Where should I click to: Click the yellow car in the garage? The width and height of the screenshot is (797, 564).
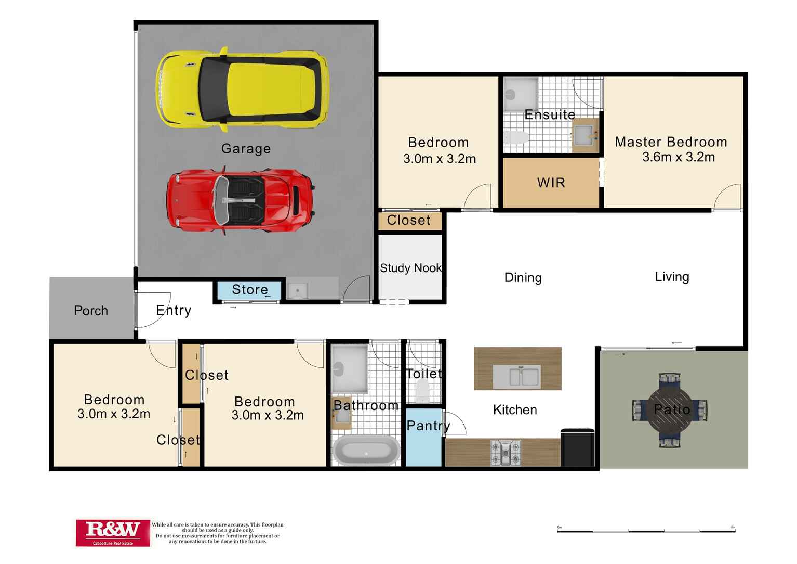coord(243,89)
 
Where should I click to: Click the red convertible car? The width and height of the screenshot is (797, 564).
coord(241,201)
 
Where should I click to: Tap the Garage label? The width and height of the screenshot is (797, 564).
coord(246,149)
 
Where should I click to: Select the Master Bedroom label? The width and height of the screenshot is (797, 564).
coord(671,142)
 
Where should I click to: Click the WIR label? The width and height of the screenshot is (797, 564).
coord(551,183)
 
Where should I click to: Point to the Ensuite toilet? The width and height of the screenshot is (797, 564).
coord(516,137)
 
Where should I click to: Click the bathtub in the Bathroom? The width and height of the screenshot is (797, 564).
coord(366,450)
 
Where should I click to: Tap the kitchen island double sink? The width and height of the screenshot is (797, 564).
coord(517,377)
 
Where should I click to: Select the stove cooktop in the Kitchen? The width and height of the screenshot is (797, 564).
coord(506,453)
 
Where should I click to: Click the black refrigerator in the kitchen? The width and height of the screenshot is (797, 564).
coord(577,447)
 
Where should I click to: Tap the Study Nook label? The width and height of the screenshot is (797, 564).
coord(411,268)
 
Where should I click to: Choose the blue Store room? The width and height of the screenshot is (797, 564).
coord(249,290)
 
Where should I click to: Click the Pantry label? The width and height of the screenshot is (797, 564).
coord(428,426)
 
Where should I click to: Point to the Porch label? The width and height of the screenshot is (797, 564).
coord(91,311)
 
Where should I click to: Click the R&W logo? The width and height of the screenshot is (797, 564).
coord(113,533)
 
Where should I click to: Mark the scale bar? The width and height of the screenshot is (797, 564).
coord(646,531)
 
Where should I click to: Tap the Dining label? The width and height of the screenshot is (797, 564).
coord(523,277)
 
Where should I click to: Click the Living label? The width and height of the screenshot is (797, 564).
coord(672,277)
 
